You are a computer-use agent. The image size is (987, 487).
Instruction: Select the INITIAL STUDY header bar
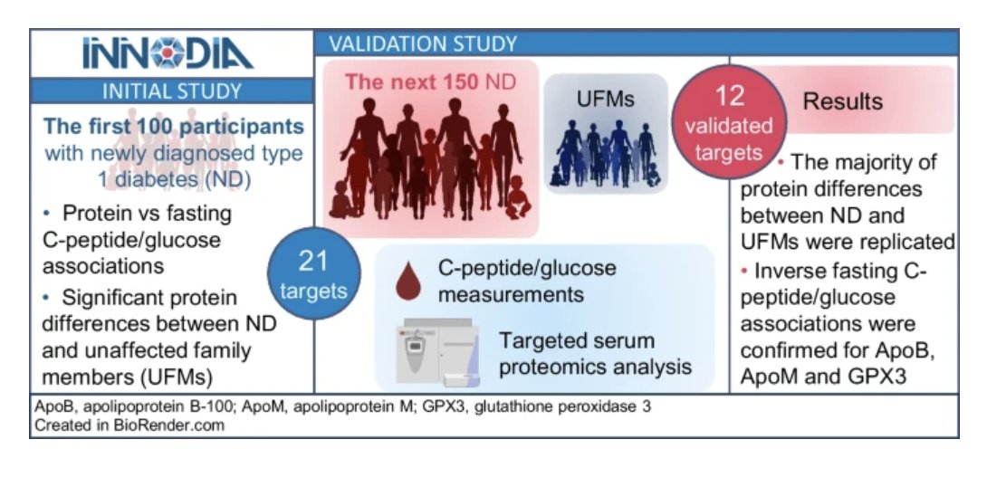pyautogui.click(x=171, y=91)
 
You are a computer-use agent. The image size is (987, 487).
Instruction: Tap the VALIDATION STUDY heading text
pyautogui.click(x=423, y=43)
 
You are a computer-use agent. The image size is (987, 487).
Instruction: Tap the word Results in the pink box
pyautogui.click(x=842, y=100)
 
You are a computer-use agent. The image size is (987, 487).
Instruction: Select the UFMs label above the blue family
pyautogui.click(x=604, y=100)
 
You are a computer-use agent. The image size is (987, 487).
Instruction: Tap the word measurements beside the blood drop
pyautogui.click(x=510, y=294)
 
